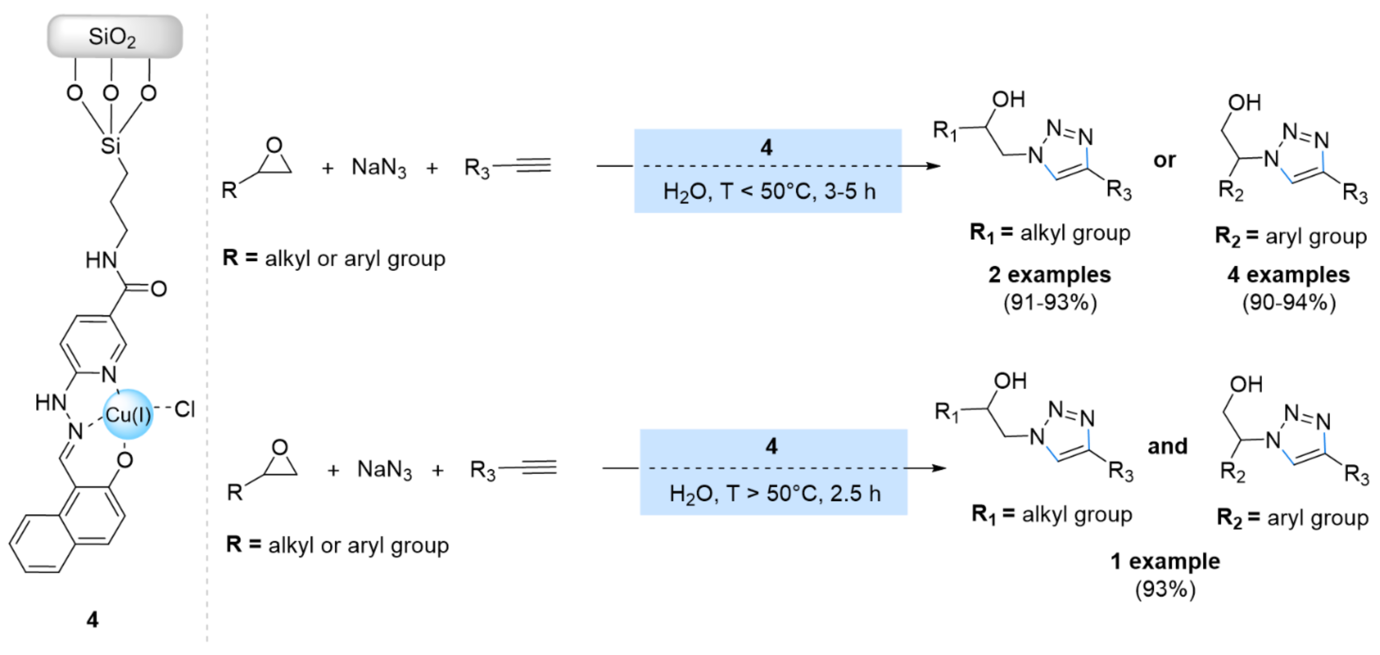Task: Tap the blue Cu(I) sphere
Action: (x=127, y=414)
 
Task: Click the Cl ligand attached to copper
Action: (x=184, y=410)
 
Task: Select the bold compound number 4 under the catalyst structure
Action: (x=92, y=620)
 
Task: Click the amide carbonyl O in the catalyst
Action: (x=159, y=289)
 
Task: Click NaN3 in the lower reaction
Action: (x=384, y=470)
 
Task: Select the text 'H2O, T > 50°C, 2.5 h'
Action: (x=774, y=494)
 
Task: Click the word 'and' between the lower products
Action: (x=1167, y=446)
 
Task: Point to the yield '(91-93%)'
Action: (x=1050, y=303)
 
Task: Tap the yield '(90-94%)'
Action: (x=1288, y=303)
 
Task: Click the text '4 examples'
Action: (x=1288, y=275)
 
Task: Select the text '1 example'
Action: (x=1165, y=561)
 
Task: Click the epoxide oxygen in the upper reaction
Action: (x=274, y=145)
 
